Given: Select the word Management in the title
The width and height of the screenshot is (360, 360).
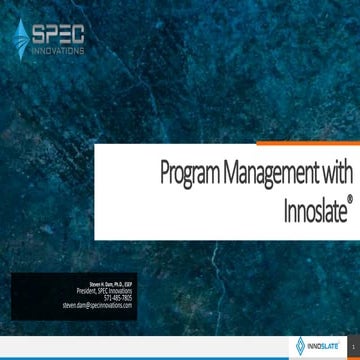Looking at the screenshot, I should pyautogui.click(x=268, y=173).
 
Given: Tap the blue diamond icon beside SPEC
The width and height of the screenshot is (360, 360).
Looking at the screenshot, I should pyautogui.click(x=21, y=38).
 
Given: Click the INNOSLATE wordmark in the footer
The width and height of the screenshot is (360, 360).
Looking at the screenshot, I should pyautogui.click(x=323, y=345).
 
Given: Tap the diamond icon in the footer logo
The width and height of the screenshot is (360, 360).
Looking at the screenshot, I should pyautogui.click(x=300, y=346).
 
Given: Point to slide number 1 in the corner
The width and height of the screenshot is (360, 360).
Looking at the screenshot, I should pyautogui.click(x=353, y=346).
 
